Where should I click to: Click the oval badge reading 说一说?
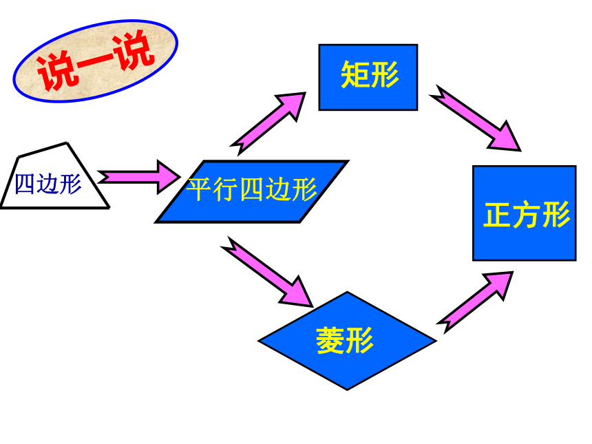(x=95, y=61)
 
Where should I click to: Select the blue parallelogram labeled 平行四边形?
(x=252, y=192)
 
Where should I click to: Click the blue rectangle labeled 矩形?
(x=368, y=77)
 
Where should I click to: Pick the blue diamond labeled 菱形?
(x=347, y=341)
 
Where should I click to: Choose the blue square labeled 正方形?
(x=525, y=213)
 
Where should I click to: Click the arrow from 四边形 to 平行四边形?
(x=139, y=177)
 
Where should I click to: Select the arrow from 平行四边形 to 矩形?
(x=268, y=123)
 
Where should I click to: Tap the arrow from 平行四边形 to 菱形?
(x=267, y=272)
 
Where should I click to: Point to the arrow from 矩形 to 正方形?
(x=475, y=118)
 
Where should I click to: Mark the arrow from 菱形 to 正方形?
(x=474, y=302)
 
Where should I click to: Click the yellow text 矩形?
(x=370, y=75)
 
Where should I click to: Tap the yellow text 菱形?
(x=345, y=341)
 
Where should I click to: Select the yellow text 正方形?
(x=527, y=215)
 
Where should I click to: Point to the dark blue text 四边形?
(x=48, y=184)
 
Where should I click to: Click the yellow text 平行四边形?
(x=252, y=189)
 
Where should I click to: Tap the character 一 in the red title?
(x=95, y=62)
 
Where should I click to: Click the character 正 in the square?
(x=498, y=215)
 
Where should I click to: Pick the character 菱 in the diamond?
(x=330, y=341)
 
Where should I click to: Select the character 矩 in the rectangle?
(x=355, y=75)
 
